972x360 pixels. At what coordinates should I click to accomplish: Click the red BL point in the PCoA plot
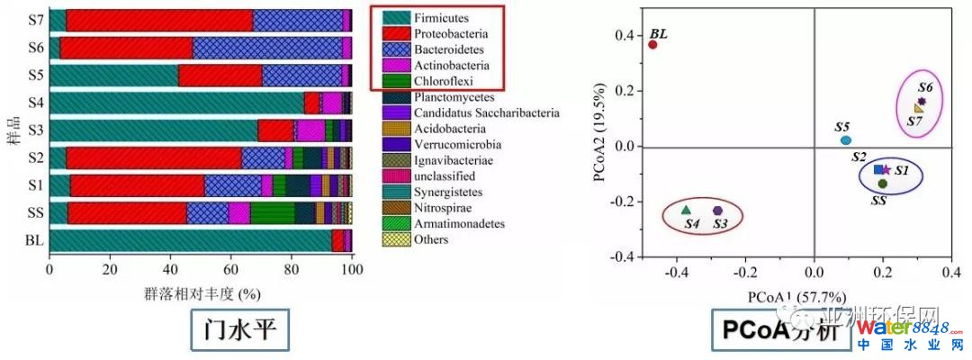pyautogui.click(x=652, y=44)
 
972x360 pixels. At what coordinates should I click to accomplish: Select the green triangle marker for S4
pyautogui.click(x=687, y=210)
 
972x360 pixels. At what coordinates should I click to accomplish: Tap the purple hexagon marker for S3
pyautogui.click(x=717, y=211)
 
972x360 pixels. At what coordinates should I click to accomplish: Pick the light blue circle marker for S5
pyautogui.click(x=845, y=140)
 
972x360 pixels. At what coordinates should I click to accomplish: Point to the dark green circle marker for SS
pyautogui.click(x=883, y=184)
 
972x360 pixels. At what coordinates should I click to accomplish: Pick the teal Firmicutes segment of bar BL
pyautogui.click(x=190, y=241)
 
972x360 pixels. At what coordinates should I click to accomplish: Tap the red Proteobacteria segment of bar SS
pyautogui.click(x=127, y=213)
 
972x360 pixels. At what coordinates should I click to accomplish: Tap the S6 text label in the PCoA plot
pyautogui.click(x=925, y=87)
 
